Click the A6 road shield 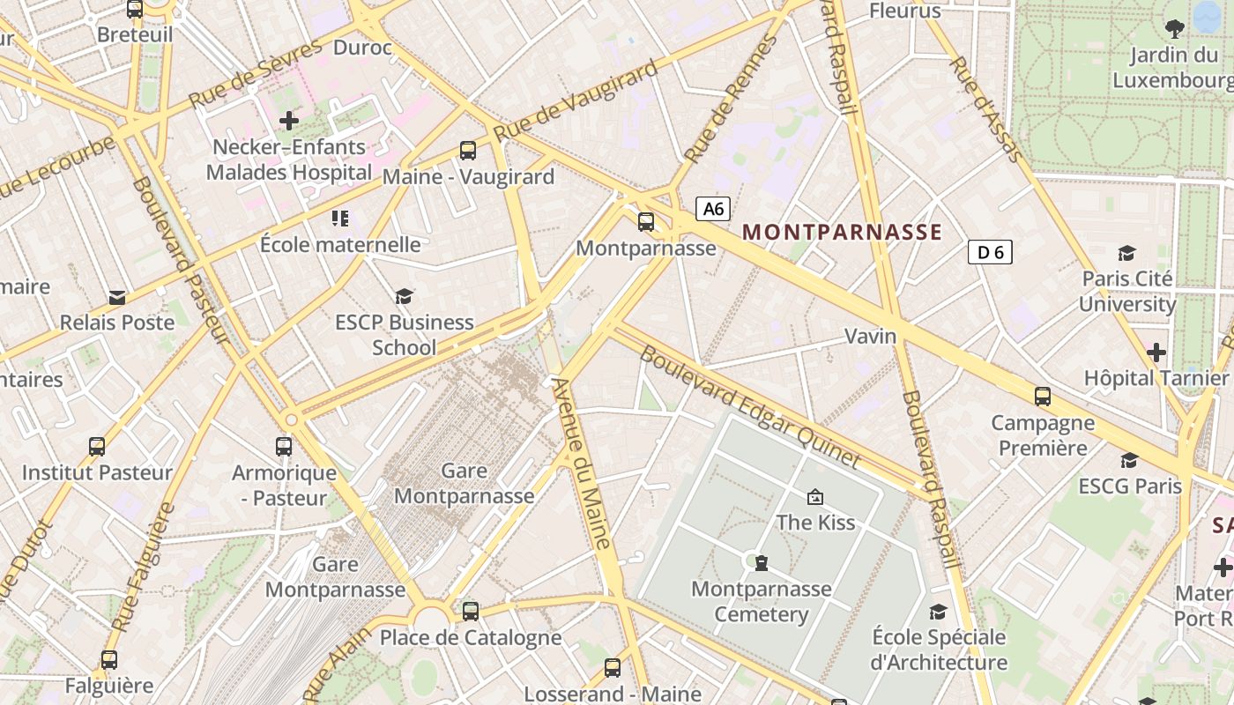click(x=714, y=209)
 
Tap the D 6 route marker click(x=990, y=253)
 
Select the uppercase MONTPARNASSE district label click(x=843, y=233)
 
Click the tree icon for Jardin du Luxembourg click(x=1174, y=28)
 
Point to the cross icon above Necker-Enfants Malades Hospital click(x=289, y=120)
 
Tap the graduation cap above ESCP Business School click(x=404, y=296)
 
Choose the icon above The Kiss click(x=815, y=498)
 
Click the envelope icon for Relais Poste click(x=117, y=297)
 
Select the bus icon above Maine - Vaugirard click(x=468, y=151)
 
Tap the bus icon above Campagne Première click(x=1043, y=397)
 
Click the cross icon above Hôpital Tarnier click(x=1156, y=353)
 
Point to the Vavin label click(x=871, y=336)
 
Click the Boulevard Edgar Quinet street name click(x=750, y=406)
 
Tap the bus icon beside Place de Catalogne click(x=471, y=611)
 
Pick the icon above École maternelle click(x=340, y=218)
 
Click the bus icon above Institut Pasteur click(x=97, y=447)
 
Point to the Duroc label click(x=363, y=48)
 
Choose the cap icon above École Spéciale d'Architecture click(x=938, y=612)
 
